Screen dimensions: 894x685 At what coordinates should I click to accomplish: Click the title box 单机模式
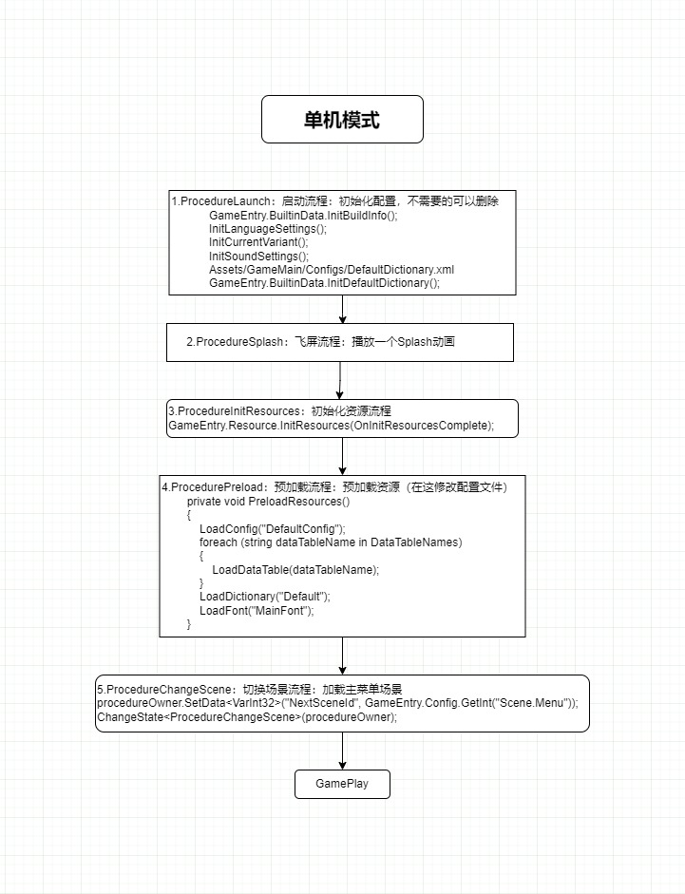tap(342, 120)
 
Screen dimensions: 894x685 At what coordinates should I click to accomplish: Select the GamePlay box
tap(342, 785)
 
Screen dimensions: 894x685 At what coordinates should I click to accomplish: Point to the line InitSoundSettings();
tap(258, 256)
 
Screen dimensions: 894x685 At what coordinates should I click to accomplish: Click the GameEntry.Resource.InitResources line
tap(331, 426)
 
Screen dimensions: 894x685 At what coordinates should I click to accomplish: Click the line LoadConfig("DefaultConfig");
tap(273, 528)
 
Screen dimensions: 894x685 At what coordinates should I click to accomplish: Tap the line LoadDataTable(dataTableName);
tap(295, 569)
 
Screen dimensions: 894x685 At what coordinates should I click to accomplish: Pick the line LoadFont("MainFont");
tap(257, 610)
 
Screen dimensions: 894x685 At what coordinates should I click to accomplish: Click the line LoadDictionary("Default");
tap(264, 597)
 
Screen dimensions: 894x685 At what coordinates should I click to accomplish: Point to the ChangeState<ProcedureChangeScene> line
tap(247, 717)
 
